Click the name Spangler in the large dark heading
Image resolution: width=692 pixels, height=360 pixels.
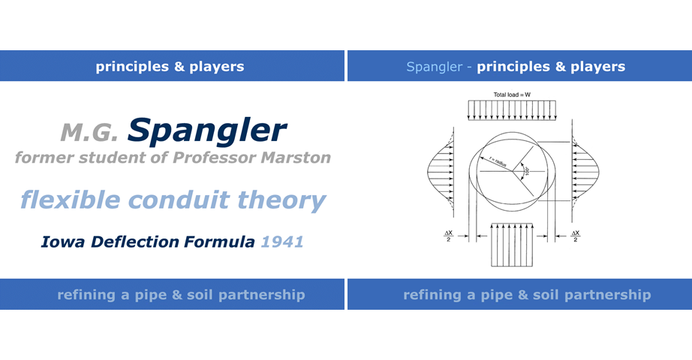[x=207, y=130]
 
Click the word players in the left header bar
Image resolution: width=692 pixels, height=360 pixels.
[x=218, y=67]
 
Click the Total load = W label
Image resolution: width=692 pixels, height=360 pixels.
[x=512, y=95]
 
